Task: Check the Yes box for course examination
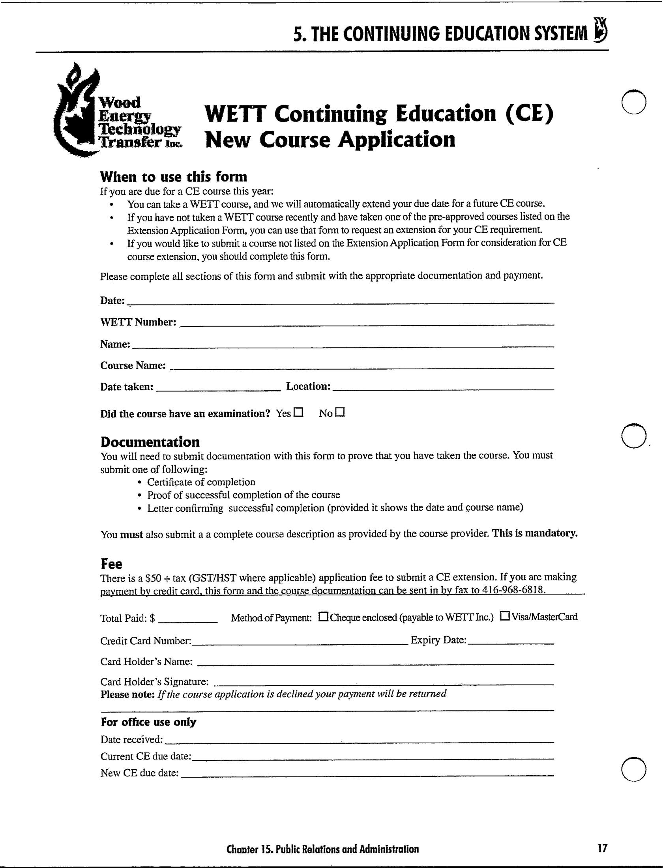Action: tap(299, 413)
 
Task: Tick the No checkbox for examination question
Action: tap(340, 412)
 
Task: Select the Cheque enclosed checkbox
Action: tap(323, 616)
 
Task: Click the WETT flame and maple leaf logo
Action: tap(79, 112)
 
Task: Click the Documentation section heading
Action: tap(150, 441)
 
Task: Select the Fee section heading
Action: tap(111, 564)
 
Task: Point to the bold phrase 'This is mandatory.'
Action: tap(535, 533)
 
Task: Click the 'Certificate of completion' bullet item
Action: tap(201, 482)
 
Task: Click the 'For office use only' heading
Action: tap(148, 722)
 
